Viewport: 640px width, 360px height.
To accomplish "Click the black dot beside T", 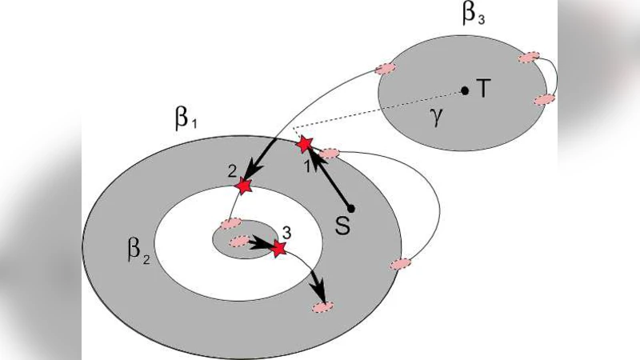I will (465, 91).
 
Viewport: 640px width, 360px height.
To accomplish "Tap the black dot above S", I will (350, 209).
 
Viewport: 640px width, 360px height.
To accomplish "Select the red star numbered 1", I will (305, 145).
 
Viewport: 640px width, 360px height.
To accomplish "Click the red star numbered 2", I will (244, 186).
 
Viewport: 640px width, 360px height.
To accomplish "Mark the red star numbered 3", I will (278, 249).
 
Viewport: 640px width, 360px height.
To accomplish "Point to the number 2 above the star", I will (231, 170).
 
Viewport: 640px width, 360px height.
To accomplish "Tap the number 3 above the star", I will (286, 231).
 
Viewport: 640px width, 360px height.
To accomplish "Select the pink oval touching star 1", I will (330, 152).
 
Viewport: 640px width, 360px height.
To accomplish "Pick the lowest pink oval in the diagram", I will (322, 307).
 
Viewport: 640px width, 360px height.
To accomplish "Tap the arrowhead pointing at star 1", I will (313, 157).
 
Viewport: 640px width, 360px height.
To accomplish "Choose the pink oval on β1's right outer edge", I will (401, 263).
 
